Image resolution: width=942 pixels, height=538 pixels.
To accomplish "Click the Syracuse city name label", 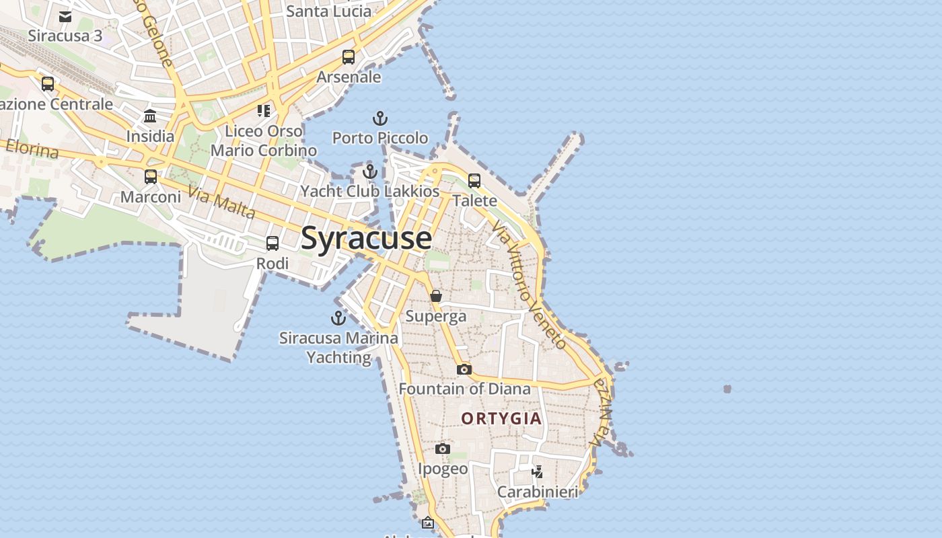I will (366, 239).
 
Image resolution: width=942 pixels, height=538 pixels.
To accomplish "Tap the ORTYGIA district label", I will (501, 418).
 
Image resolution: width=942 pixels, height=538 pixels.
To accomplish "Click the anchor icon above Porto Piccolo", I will (380, 119).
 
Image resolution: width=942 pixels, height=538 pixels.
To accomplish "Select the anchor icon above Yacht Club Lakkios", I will (369, 171).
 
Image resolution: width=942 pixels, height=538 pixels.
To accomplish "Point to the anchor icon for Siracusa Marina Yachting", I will (338, 318).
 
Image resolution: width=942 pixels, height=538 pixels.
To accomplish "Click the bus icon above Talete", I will (474, 180).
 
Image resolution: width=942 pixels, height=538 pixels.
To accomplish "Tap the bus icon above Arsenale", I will (349, 57).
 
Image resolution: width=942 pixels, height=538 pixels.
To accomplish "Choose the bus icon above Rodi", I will (273, 243).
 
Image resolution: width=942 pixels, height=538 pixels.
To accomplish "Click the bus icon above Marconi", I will (151, 177).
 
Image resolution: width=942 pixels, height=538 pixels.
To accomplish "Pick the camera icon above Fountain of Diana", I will (464, 369).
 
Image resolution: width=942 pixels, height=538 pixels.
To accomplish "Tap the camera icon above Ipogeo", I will (443, 449).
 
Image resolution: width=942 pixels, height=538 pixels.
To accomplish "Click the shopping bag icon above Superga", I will (436, 296).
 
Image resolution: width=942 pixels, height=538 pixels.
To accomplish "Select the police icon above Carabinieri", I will (537, 471).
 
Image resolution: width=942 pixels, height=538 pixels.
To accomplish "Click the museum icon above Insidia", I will (150, 116).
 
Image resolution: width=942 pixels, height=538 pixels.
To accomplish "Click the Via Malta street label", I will (222, 202).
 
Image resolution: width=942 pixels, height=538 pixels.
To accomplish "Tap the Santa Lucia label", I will (328, 11).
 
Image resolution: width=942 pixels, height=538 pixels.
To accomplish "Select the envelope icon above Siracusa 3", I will (65, 17).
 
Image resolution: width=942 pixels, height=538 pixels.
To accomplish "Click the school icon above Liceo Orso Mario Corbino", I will (263, 110).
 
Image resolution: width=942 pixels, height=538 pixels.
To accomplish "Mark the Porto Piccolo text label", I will (380, 138).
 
